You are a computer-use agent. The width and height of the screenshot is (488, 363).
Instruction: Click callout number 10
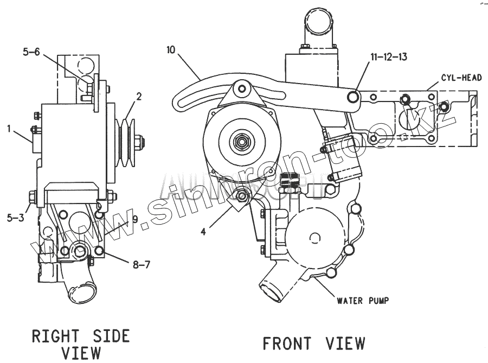point(171,50)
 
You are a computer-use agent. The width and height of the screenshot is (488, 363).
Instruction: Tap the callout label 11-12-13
point(388,56)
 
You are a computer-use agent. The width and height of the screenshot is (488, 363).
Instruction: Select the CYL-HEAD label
point(461,78)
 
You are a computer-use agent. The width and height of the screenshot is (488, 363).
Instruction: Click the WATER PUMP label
point(363,300)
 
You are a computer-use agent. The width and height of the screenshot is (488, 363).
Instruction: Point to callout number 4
point(203,231)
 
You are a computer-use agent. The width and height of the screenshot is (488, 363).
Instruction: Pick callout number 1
point(9,129)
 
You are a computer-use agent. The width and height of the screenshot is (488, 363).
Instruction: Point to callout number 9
point(136,220)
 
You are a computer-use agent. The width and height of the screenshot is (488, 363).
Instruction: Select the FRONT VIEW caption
point(313,343)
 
